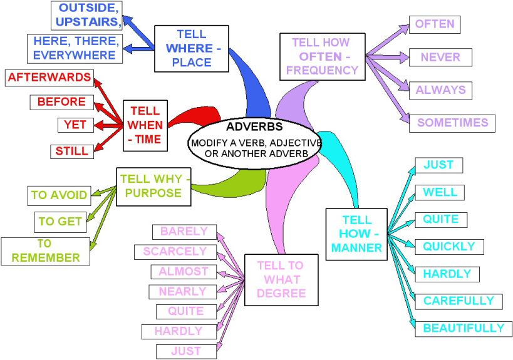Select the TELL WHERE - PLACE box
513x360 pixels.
coord(190,48)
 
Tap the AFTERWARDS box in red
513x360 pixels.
coord(49,78)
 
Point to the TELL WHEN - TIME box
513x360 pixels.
coord(145,125)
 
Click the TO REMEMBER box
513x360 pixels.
coord(44,250)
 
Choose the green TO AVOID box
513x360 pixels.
coord(60,195)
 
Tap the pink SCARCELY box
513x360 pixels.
coord(175,252)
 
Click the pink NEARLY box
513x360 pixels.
coord(182,292)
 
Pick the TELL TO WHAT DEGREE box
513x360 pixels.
coord(279,279)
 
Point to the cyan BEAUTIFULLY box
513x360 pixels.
coord(463,328)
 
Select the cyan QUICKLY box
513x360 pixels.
coord(448,247)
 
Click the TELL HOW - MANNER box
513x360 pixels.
coord(356,234)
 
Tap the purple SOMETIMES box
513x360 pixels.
coord(452,123)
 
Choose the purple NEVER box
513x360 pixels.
coord(440,57)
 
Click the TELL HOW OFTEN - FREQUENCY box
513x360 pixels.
coord(322,57)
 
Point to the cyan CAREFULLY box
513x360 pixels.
coord(458,301)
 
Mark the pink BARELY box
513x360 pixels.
coord(184,232)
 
